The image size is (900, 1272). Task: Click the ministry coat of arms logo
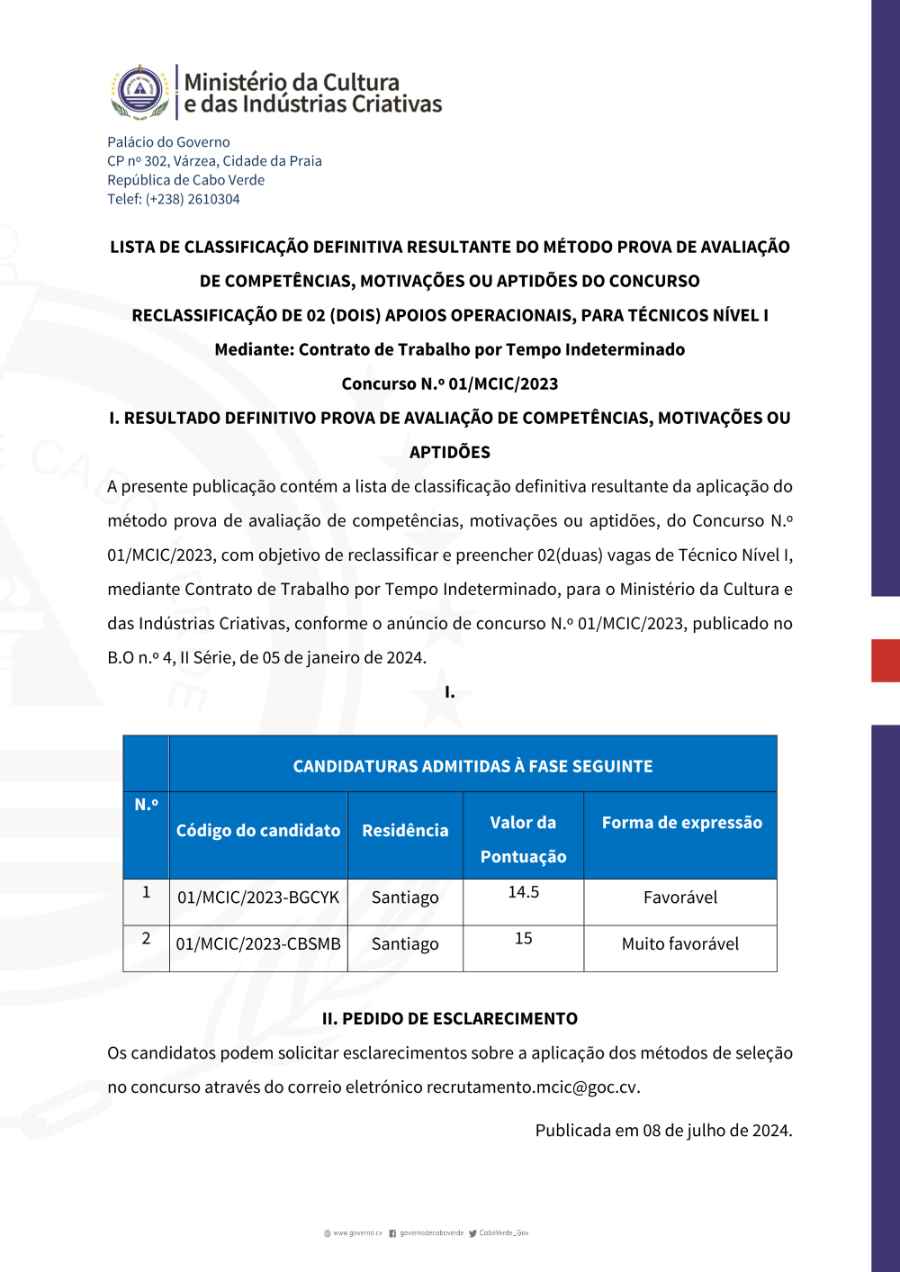[139, 92]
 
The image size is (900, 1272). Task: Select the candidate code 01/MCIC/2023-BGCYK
[258, 898]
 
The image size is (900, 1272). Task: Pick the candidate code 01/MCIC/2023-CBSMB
[258, 944]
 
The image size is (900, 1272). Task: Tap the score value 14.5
[523, 892]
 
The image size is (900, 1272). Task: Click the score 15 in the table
[523, 939]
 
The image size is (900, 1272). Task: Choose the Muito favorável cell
[679, 944]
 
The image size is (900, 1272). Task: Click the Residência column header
[405, 831]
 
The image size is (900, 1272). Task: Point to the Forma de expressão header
[681, 823]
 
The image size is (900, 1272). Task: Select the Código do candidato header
[258, 831]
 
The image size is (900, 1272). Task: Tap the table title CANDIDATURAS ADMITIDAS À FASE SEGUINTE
[472, 766]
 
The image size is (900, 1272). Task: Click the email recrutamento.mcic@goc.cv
[532, 1087]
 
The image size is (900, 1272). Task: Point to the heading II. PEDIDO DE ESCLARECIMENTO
[450, 1019]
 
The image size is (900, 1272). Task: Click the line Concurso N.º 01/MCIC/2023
[450, 383]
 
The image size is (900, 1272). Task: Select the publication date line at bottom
[663, 1131]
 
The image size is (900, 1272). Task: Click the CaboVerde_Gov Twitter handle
[503, 1233]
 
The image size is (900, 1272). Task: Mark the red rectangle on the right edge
[886, 660]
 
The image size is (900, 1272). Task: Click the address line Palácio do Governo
[168, 142]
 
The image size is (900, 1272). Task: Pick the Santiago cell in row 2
[405, 944]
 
